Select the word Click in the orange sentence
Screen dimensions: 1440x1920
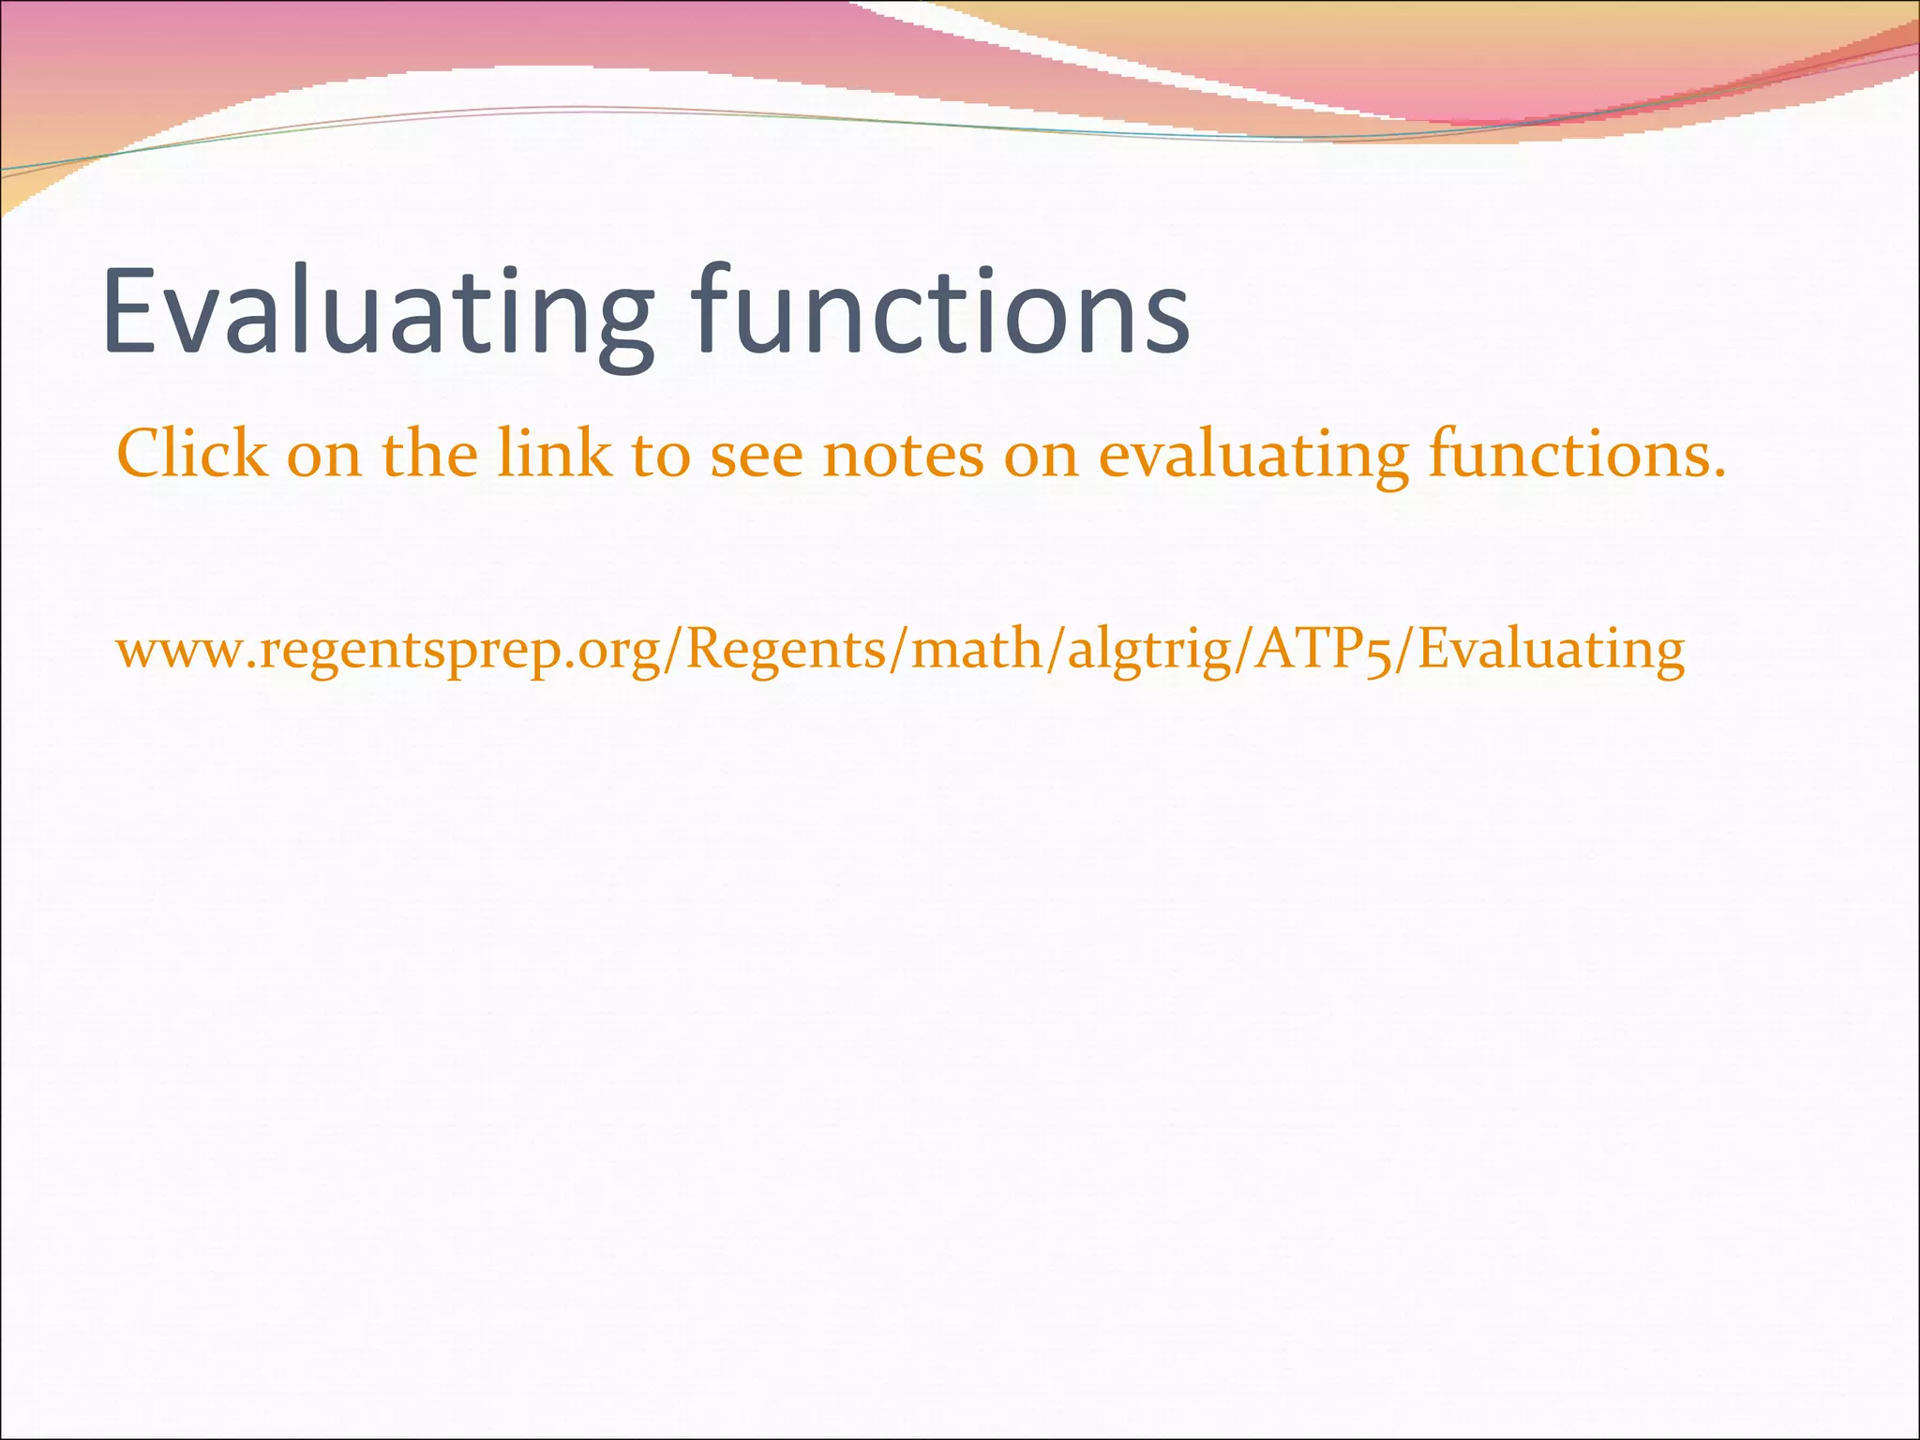(x=191, y=454)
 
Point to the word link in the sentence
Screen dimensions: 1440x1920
(x=553, y=454)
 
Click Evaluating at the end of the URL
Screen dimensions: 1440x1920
(x=1551, y=651)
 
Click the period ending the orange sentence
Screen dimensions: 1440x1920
(x=1718, y=474)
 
